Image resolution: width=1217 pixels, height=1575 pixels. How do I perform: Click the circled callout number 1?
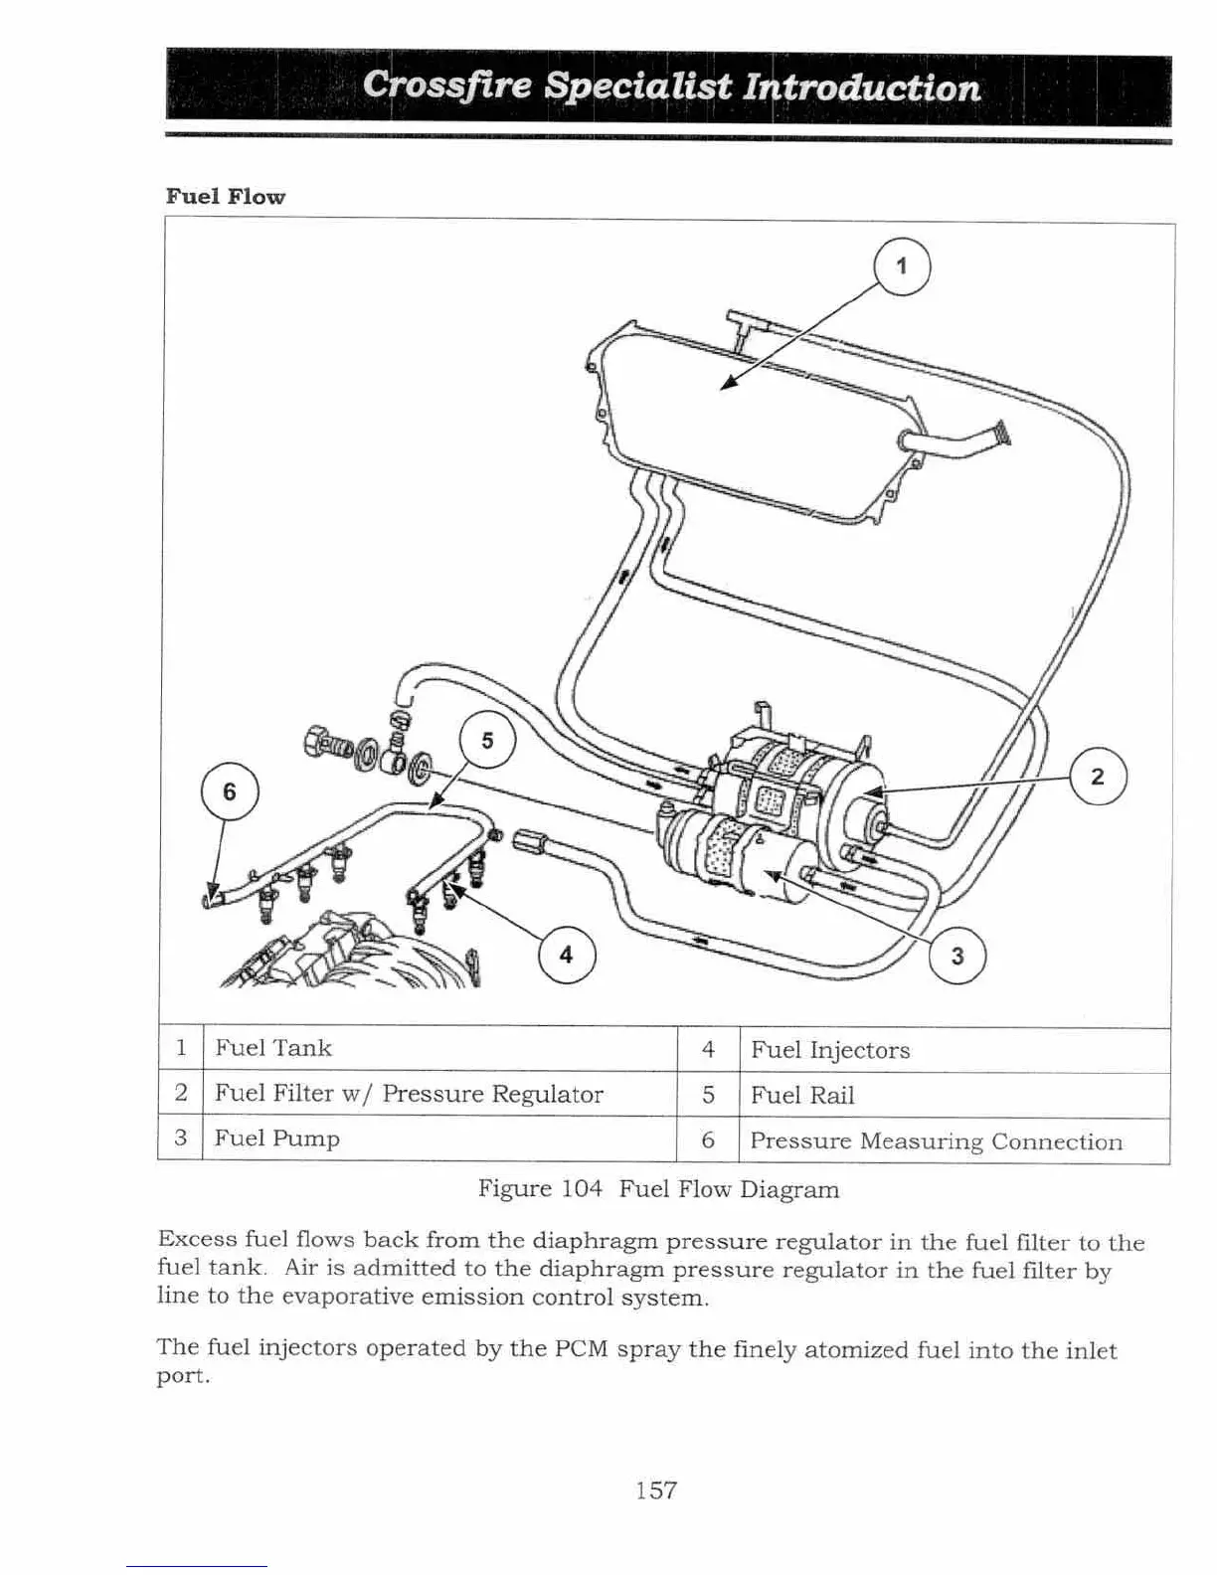point(901,266)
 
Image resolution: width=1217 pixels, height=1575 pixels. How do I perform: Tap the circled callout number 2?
point(1098,777)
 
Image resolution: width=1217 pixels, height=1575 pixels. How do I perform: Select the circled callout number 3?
point(956,957)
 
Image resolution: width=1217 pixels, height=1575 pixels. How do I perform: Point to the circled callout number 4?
point(566,956)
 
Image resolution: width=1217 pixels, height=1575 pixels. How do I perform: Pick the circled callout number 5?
point(487,742)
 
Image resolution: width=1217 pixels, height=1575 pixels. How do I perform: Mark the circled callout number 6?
point(230,792)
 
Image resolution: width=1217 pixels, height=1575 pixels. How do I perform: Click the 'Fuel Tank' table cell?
point(273,1048)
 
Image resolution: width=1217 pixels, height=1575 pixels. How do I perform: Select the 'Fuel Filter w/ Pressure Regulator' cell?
point(409,1094)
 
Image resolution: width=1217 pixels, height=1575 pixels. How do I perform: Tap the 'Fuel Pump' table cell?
point(277,1138)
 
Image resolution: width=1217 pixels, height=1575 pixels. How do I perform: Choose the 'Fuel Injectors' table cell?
point(830,1050)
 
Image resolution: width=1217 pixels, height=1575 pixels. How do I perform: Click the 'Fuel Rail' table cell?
point(802,1096)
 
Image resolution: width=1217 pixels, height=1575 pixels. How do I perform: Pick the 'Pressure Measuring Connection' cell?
point(937,1141)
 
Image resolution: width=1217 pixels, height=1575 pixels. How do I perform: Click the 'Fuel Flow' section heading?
point(226,196)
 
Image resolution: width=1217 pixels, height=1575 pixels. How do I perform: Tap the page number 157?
point(656,1489)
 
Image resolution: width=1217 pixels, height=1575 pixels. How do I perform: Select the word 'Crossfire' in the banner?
point(447,87)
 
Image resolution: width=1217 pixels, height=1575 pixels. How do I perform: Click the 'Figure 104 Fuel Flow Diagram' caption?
point(658,1189)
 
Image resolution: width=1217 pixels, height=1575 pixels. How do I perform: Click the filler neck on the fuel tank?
point(959,441)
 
